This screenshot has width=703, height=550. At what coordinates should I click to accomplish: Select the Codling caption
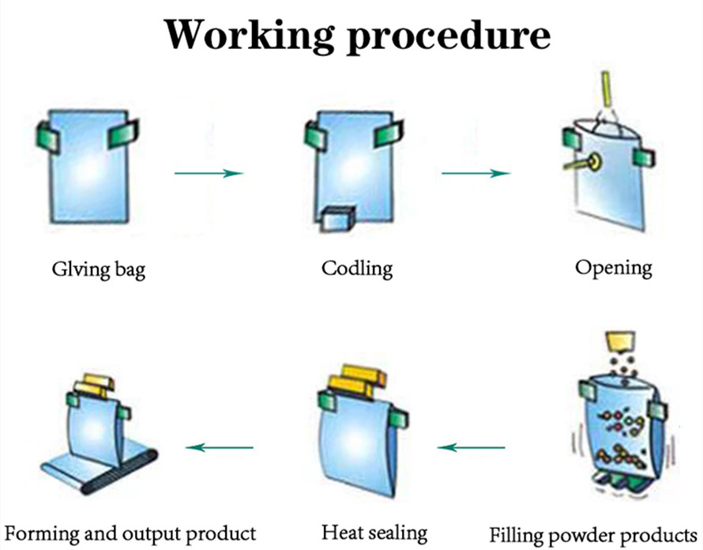coord(357,268)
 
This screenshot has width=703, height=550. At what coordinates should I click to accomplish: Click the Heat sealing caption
coord(374,532)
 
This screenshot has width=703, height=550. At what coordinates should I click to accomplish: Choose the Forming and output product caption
coord(129,532)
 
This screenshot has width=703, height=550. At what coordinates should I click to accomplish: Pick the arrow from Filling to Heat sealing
coord(472,448)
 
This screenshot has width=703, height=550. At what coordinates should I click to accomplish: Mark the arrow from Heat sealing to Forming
coord(220,448)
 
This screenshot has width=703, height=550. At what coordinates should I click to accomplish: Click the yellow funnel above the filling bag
coord(620,342)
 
